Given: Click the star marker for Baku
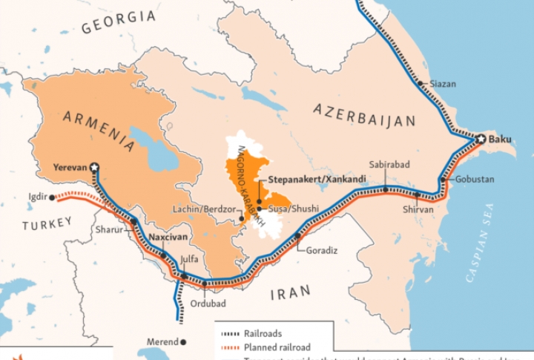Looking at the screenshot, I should tap(481, 139).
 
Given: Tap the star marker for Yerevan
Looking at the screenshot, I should tap(94, 168).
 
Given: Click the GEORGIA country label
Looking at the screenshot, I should tap(119, 22).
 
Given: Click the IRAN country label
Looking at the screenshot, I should tap(290, 293).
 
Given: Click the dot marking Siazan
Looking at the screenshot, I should tap(420, 84).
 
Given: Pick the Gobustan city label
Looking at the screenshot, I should tap(474, 180).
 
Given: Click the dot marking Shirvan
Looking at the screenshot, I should tap(418, 195).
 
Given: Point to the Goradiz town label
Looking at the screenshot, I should tap(323, 250).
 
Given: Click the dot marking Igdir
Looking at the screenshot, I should tap(52, 197).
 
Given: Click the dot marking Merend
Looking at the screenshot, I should tap(184, 342).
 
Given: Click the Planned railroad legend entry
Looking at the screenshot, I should tap(277, 347).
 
